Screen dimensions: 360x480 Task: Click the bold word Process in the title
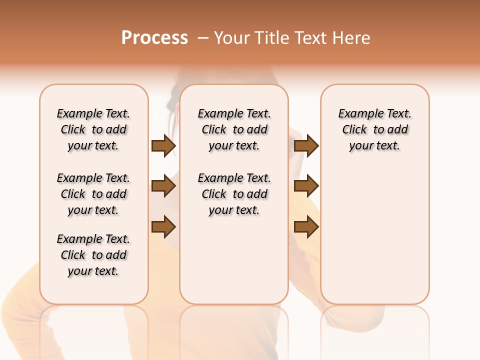click(x=154, y=38)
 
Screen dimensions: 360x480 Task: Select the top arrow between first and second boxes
click(x=163, y=146)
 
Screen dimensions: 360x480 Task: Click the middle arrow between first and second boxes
click(x=163, y=186)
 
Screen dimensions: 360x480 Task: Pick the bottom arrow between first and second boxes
click(x=163, y=226)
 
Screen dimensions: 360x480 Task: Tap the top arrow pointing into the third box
click(x=306, y=146)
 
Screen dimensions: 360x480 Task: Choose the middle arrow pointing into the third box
click(x=306, y=186)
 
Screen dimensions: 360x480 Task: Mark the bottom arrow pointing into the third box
click(x=306, y=226)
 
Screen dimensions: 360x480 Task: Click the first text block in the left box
click(x=93, y=129)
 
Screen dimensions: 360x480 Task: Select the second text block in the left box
click(x=93, y=194)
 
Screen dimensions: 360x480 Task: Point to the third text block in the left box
click(x=93, y=255)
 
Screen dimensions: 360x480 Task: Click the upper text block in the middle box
click(x=234, y=129)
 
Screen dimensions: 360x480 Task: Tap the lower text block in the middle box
click(x=234, y=194)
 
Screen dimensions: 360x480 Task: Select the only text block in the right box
click(x=375, y=129)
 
